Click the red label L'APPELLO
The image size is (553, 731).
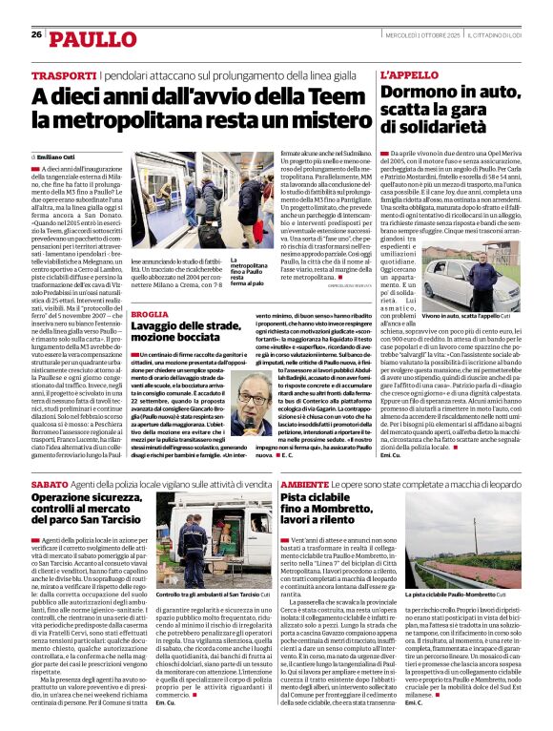[x=410, y=73]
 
